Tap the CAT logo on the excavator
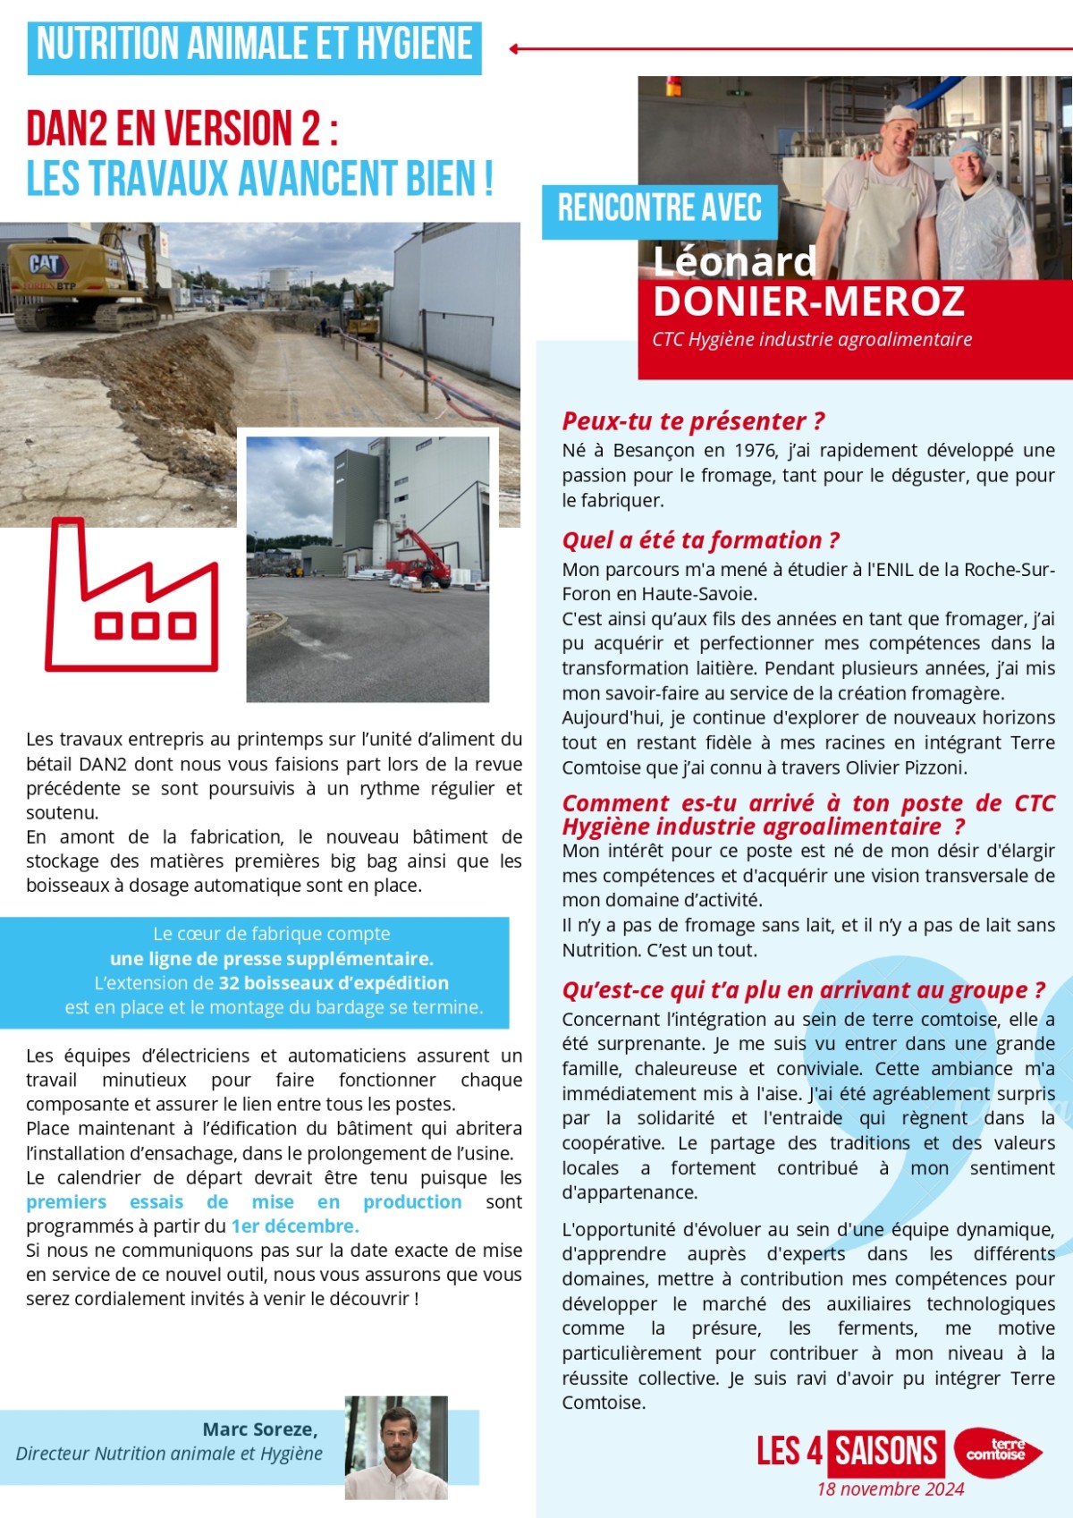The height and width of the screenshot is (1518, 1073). point(45,264)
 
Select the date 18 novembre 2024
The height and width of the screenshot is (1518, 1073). point(890,1489)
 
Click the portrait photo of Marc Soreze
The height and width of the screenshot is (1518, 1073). point(396,1446)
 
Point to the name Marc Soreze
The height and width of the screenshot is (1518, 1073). point(259,1429)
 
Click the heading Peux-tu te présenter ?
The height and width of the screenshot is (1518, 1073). point(693,421)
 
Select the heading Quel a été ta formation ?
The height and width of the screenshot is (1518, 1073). point(700,540)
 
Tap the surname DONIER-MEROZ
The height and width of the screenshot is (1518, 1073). point(808,302)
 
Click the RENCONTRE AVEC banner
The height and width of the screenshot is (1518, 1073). point(659,208)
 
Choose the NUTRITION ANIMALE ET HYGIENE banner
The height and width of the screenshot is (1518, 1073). point(255,45)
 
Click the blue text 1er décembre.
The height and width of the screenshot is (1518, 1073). point(295,1225)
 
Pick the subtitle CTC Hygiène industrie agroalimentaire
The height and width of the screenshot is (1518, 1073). point(811,339)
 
